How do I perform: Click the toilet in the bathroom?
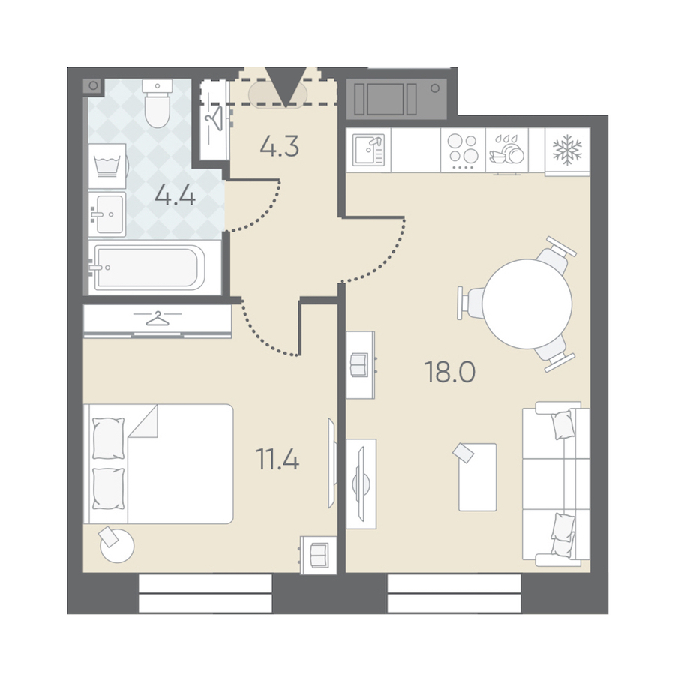(x=157, y=103)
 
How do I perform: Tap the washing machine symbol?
(x=106, y=166)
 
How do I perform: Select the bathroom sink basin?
(x=108, y=214)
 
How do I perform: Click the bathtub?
(x=148, y=268)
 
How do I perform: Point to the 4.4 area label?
(x=175, y=196)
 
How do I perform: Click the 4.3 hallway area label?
(x=279, y=147)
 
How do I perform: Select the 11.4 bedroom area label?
(x=277, y=460)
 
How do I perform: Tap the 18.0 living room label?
(x=450, y=373)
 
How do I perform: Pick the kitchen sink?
(x=369, y=150)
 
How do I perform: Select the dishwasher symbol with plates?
(x=506, y=150)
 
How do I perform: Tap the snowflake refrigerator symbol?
(x=567, y=150)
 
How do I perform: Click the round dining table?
(x=526, y=304)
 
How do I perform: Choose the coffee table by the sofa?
(x=477, y=477)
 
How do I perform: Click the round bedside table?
(x=117, y=545)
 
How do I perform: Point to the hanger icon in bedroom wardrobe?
(x=157, y=319)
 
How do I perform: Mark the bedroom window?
(x=205, y=593)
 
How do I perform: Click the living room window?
(x=454, y=593)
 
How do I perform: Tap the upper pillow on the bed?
(x=109, y=438)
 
